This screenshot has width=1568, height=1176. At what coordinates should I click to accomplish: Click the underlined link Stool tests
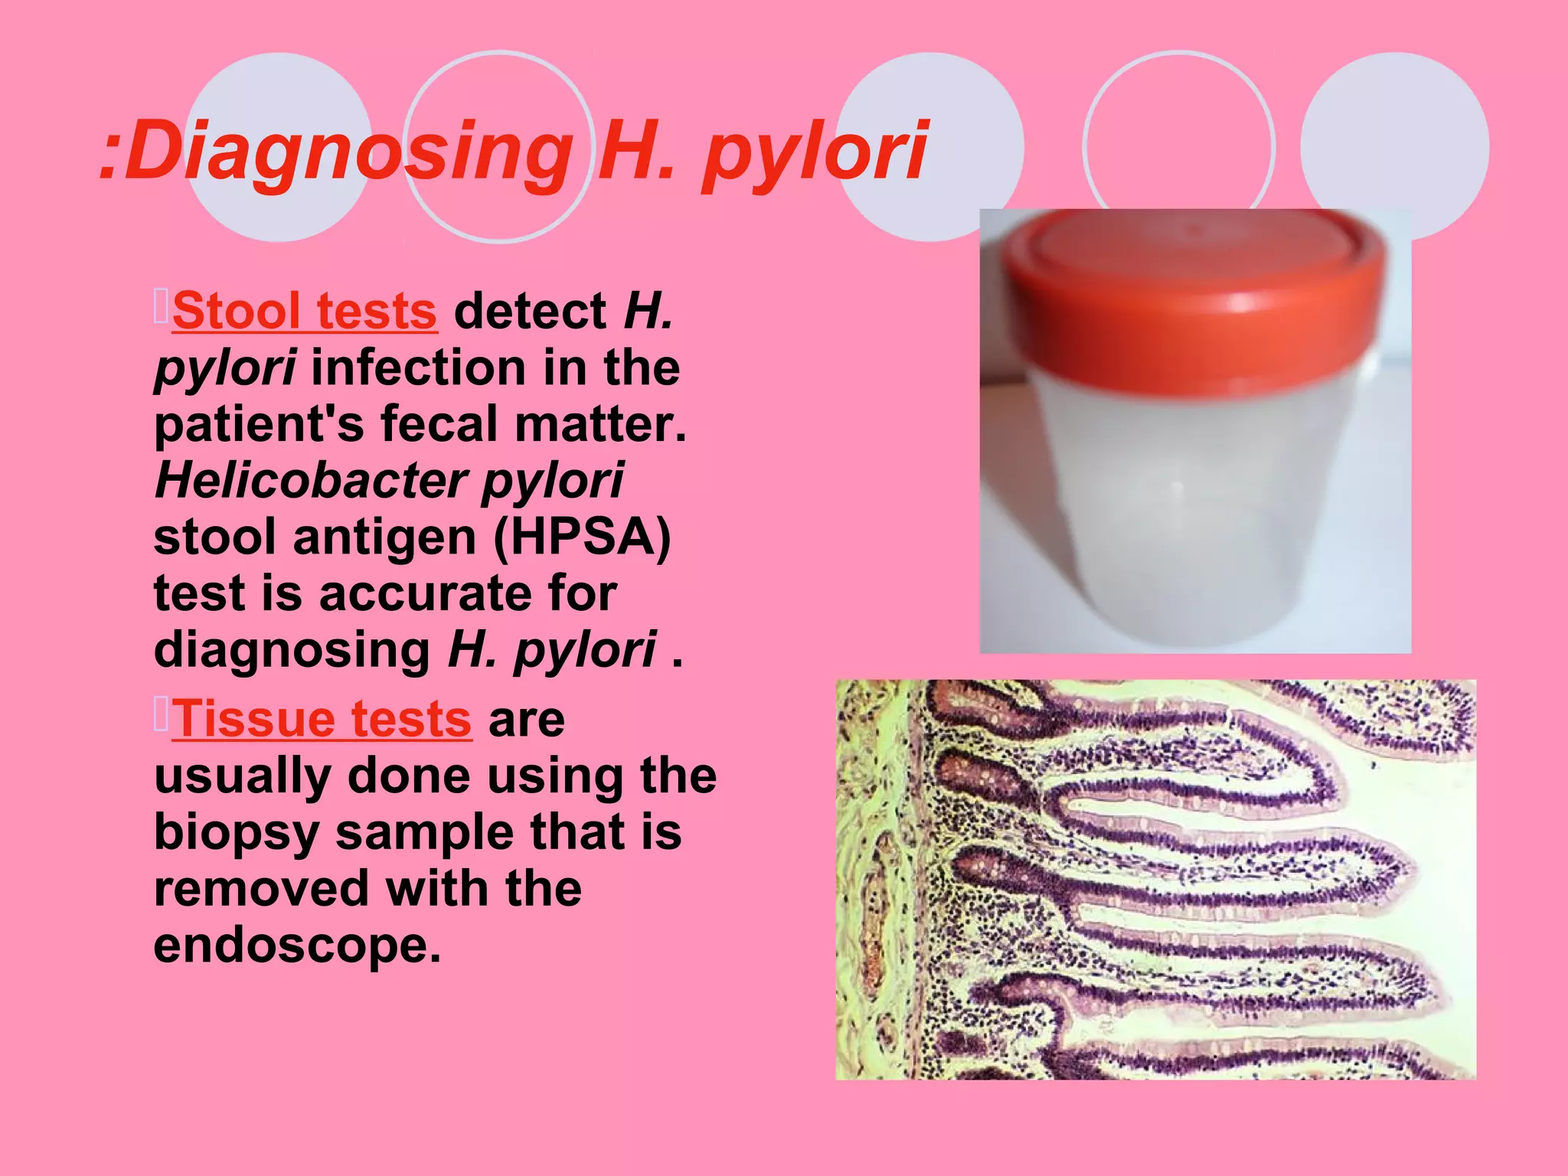305,312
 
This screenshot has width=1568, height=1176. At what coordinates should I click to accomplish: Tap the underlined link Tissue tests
322,720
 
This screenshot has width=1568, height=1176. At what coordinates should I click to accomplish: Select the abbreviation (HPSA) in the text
582,537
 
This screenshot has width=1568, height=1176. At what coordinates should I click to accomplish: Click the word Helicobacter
311,481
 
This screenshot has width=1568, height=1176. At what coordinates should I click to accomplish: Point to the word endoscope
297,946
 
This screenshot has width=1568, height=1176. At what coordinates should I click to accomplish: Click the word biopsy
237,833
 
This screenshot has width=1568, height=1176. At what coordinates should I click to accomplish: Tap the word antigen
385,537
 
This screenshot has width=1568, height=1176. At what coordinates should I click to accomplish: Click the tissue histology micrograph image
1156,880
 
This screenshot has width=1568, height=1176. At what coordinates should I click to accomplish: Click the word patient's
260,424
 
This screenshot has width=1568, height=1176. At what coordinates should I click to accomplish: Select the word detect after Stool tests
530,312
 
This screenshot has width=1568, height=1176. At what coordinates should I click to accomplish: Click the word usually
243,776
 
